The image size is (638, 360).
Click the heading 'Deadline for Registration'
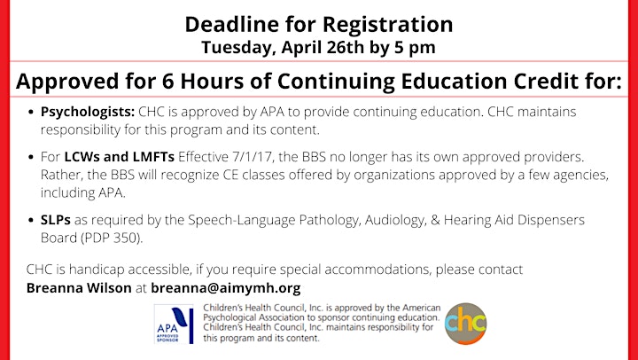(319, 25)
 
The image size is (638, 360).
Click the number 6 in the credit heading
(168, 82)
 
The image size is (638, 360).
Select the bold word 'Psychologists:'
(88, 112)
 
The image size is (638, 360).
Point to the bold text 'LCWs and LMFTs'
(120, 157)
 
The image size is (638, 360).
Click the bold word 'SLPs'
(55, 220)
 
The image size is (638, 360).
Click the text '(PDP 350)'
(112, 238)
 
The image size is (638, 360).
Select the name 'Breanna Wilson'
(79, 288)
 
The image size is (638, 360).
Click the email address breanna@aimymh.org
(226, 288)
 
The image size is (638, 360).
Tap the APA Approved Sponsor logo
(174, 324)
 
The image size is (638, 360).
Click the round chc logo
(465, 324)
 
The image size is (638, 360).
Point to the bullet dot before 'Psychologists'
(31, 113)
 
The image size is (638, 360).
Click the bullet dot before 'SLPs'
(31, 221)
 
